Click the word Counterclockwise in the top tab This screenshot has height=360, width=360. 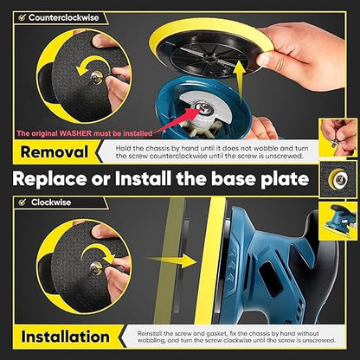point(63,17)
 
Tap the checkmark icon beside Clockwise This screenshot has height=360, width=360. point(22,202)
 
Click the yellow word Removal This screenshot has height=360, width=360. point(55,152)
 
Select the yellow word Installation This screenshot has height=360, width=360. point(66,337)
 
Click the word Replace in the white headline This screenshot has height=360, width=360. point(49,179)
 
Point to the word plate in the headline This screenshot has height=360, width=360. point(285,179)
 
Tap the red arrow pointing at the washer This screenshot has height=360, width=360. point(177,119)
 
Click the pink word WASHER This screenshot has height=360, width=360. point(76,133)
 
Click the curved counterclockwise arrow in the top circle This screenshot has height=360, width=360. point(90,65)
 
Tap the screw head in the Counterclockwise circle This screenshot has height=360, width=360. point(96,77)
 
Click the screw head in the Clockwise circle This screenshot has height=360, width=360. point(95,268)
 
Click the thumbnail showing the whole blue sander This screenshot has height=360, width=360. point(337,221)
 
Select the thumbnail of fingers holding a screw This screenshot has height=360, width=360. point(337,137)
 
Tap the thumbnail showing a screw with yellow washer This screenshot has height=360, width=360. point(337,179)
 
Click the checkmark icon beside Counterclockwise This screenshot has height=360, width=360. point(22,17)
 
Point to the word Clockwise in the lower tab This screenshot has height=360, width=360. point(51,202)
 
